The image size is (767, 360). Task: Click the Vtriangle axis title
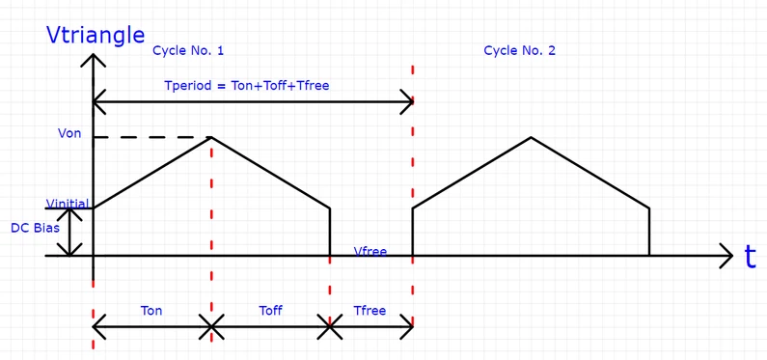point(96,36)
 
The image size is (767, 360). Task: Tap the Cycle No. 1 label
point(188,50)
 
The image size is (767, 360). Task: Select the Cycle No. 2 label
point(519,50)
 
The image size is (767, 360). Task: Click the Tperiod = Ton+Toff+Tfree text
point(246,86)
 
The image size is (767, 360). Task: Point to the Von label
point(69,133)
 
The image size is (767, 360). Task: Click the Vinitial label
point(68,204)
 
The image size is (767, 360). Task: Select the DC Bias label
point(35,229)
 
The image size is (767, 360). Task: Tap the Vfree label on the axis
point(370,251)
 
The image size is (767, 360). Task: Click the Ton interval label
point(151,311)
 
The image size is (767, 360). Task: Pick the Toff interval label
point(271,311)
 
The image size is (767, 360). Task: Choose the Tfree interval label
point(370,311)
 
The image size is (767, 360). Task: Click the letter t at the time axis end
point(750,257)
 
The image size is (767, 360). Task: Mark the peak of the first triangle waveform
point(211,137)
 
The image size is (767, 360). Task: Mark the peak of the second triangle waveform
point(531,137)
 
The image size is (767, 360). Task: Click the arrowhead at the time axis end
point(726,256)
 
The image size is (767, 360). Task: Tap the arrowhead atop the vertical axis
point(93,60)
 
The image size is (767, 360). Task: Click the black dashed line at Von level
point(151,137)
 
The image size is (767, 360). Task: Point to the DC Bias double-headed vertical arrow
point(70,232)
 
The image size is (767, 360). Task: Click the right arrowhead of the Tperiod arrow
point(408,99)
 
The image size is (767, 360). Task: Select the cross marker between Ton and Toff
point(211,327)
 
